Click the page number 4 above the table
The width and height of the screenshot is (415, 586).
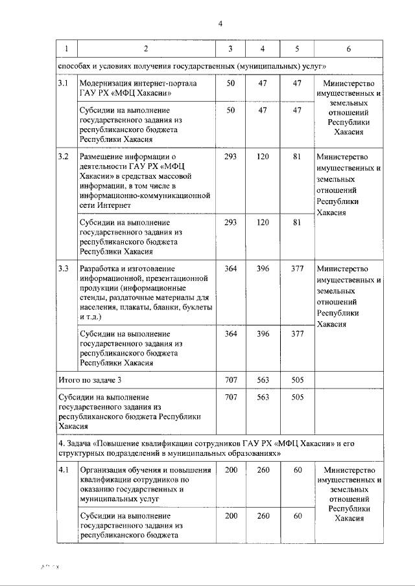click(220, 24)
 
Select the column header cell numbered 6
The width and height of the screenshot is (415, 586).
click(349, 49)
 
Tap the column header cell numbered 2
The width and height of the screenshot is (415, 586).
click(145, 49)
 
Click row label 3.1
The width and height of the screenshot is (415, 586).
click(63, 84)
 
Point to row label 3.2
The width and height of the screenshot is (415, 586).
click(63, 157)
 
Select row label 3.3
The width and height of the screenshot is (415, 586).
click(63, 269)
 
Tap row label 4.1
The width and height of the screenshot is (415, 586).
click(63, 469)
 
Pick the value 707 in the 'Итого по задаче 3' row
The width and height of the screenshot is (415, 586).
click(231, 379)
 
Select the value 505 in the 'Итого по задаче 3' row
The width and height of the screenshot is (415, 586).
click(298, 379)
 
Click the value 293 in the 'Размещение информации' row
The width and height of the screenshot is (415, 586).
click(231, 157)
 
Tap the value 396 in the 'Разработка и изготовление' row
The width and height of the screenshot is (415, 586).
click(263, 269)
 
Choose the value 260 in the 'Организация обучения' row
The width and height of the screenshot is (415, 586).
click(263, 469)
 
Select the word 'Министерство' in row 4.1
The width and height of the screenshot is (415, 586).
click(349, 469)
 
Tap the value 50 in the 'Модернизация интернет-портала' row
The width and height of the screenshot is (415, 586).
click(231, 84)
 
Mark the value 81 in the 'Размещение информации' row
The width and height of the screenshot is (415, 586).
click(298, 157)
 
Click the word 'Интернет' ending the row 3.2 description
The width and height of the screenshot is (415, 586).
click(113, 205)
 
